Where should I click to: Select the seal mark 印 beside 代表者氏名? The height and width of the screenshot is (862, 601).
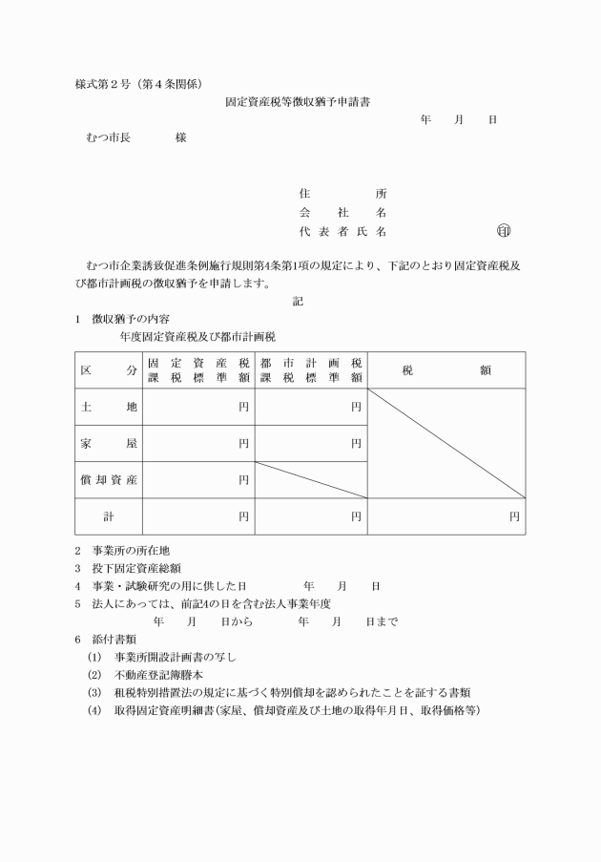coord(504,232)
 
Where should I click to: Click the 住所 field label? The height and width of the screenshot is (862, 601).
coord(342,193)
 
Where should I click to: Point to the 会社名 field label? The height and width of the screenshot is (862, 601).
coord(342,212)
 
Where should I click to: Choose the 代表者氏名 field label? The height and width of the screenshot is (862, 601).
coord(342,232)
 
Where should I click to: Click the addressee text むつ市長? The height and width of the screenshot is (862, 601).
coord(109,137)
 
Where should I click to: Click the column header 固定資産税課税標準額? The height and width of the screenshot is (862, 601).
coord(198,369)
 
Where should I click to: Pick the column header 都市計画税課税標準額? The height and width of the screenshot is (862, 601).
coord(310,369)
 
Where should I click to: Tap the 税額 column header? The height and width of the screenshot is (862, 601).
coord(446,369)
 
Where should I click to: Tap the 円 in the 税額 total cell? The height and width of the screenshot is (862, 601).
coord(514,516)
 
